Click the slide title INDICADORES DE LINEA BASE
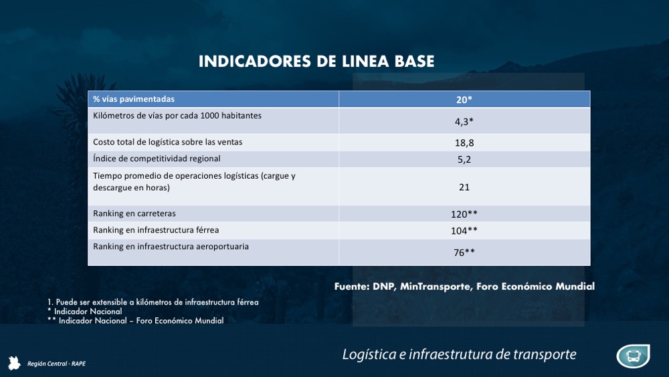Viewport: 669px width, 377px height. click(x=316, y=62)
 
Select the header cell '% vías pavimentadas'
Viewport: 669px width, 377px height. click(x=134, y=99)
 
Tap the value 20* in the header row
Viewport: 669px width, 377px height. click(x=464, y=100)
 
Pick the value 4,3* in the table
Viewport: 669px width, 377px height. click(x=464, y=122)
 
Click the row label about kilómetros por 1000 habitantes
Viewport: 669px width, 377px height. click(x=177, y=115)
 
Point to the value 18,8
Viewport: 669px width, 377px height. click(x=464, y=143)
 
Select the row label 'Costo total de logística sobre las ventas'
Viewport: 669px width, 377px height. click(x=167, y=141)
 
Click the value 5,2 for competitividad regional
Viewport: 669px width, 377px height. click(x=464, y=159)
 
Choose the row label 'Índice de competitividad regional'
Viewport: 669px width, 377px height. click(x=157, y=159)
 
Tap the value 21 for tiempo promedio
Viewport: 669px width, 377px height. click(x=464, y=187)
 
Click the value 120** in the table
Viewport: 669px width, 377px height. click(x=464, y=214)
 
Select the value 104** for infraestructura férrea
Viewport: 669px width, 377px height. click(x=464, y=231)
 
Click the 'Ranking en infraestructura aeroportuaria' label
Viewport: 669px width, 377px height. click(x=171, y=246)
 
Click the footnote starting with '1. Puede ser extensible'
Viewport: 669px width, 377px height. click(x=148, y=302)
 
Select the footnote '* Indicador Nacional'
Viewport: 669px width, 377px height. click(x=84, y=311)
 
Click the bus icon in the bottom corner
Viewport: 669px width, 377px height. click(x=633, y=356)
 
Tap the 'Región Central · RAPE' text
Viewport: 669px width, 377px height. click(x=56, y=364)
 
